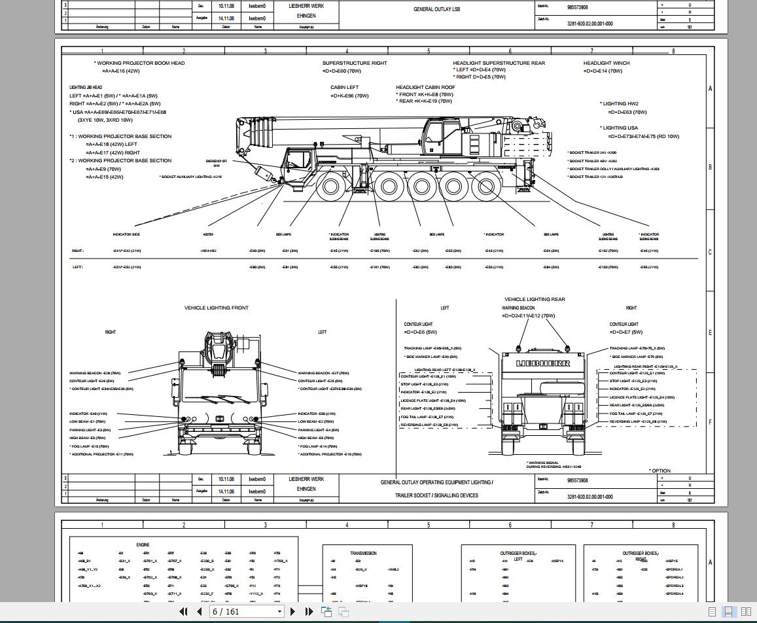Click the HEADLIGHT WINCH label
[x=606, y=63]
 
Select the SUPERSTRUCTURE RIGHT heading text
[x=354, y=63]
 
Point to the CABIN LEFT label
[x=344, y=87]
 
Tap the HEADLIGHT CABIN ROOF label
[x=425, y=87]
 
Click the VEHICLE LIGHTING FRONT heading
[x=216, y=308]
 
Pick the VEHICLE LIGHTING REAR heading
[x=535, y=299]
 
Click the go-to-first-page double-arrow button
[x=184, y=612]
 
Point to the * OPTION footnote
[x=660, y=471]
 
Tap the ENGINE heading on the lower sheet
[x=143, y=544]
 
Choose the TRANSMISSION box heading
[x=363, y=553]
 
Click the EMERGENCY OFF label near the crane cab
[x=217, y=162]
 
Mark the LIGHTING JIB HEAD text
[x=86, y=87]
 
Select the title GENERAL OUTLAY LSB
[x=436, y=9]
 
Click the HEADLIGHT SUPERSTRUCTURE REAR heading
[x=499, y=63]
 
